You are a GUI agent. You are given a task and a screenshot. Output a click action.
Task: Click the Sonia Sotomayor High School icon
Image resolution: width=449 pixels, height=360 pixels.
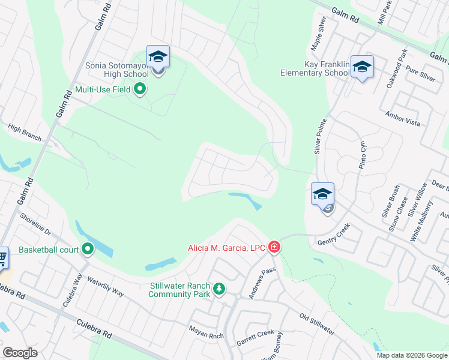[158, 57]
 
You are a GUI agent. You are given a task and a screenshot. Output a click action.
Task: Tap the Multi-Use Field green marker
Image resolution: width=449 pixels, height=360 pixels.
[140, 90]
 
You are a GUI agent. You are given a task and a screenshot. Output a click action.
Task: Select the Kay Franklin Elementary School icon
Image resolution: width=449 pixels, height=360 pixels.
[362, 67]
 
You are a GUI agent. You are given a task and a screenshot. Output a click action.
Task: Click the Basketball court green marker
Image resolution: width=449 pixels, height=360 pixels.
[88, 248]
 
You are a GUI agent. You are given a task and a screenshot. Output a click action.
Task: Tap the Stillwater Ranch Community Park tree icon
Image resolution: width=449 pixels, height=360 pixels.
[220, 289]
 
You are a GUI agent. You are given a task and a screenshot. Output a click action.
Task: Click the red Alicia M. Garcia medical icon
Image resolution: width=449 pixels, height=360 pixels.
[274, 247]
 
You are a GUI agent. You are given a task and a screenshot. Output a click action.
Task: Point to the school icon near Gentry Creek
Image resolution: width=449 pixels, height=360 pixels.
[322, 194]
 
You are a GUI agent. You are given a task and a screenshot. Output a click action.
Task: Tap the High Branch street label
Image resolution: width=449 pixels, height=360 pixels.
[25, 133]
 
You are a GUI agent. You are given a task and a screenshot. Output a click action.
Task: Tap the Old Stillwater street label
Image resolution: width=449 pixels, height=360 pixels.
[316, 323]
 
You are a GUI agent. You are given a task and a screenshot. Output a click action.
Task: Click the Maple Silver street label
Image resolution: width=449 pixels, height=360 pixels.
[318, 37]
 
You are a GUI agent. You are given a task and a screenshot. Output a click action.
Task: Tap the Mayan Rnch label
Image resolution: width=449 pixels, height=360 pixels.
[206, 329]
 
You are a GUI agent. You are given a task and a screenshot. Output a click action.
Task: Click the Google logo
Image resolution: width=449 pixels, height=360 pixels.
[20, 353]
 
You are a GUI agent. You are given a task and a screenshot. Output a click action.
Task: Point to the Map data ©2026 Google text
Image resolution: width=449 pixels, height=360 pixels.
[412, 355]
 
